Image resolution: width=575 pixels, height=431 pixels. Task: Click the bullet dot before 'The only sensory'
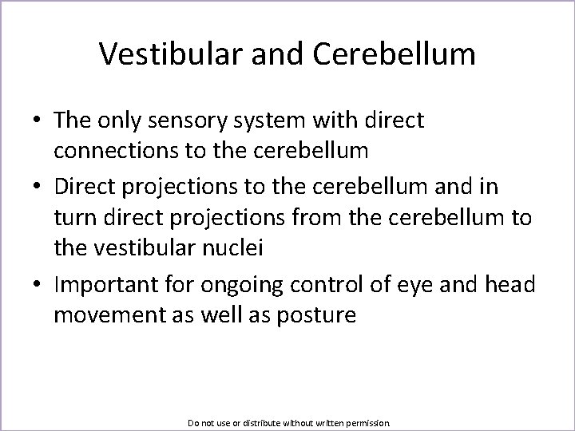[x=38, y=121]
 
